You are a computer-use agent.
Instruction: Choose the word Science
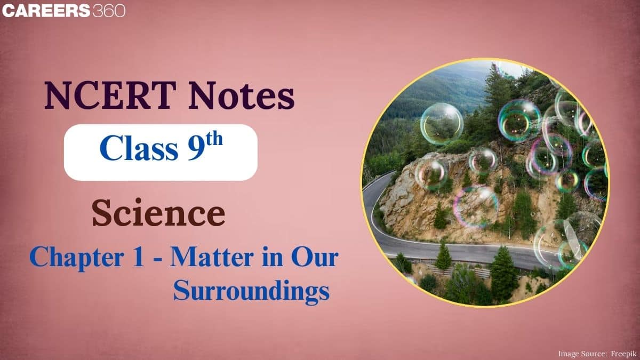(158, 214)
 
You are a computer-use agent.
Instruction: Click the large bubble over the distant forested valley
(442, 124)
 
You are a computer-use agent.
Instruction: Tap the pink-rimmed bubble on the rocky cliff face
(476, 205)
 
